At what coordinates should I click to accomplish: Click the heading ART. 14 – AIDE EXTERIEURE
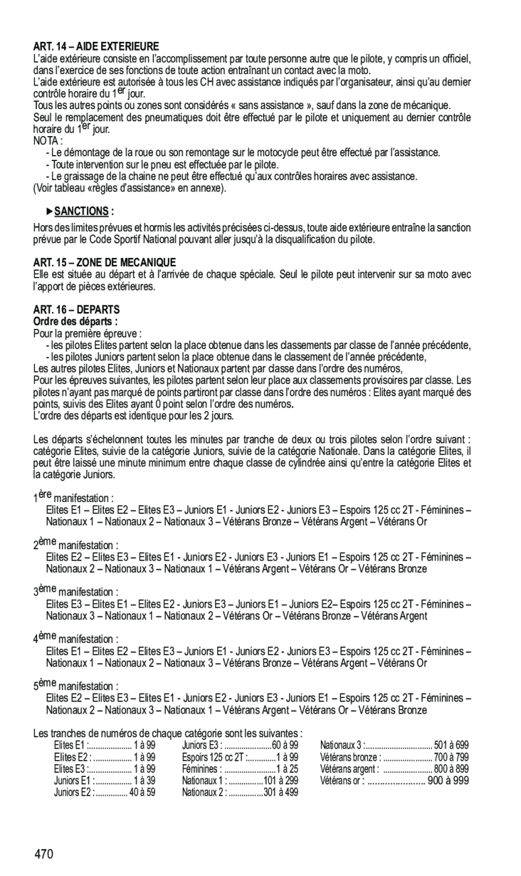(x=96, y=46)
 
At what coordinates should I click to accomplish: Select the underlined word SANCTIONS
(x=81, y=211)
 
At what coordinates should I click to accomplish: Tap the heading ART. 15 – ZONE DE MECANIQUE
(x=104, y=262)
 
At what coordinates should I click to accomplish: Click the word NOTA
(x=47, y=141)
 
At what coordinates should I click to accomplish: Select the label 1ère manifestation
(x=73, y=497)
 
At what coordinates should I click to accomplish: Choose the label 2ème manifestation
(x=75, y=544)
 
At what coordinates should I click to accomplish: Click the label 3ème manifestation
(x=75, y=592)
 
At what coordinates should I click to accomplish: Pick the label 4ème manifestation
(x=75, y=639)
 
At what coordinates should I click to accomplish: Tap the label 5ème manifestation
(x=75, y=686)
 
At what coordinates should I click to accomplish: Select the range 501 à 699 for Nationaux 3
(x=452, y=745)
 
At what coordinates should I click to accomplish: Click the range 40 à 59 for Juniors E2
(x=142, y=792)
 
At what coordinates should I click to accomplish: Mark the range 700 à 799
(x=452, y=757)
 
